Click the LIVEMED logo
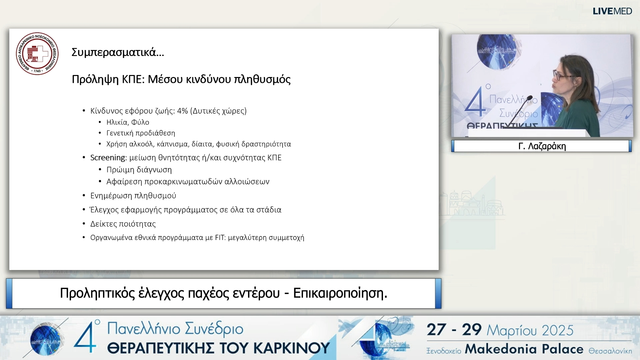(612, 11)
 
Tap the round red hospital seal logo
(37, 54)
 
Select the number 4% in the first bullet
(182, 111)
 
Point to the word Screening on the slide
(108, 158)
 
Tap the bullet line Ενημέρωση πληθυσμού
(133, 196)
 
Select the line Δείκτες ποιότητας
(123, 224)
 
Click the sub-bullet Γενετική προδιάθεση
(140, 133)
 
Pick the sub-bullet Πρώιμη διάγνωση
(139, 170)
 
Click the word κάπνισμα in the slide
(172, 144)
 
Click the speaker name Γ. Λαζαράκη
(542, 146)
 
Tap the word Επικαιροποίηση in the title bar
(340, 293)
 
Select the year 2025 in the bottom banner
(557, 331)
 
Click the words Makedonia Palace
(524, 349)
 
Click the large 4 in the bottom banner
(85, 337)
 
